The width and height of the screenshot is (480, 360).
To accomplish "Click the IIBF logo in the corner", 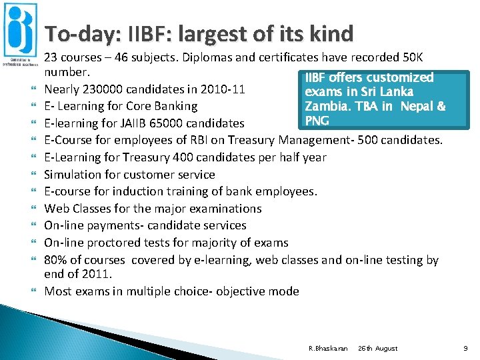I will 20,33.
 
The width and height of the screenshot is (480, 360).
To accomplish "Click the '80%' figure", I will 57,260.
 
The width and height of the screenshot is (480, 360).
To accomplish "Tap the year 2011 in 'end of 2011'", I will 97,273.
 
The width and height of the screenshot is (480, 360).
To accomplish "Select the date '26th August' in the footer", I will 378,348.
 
